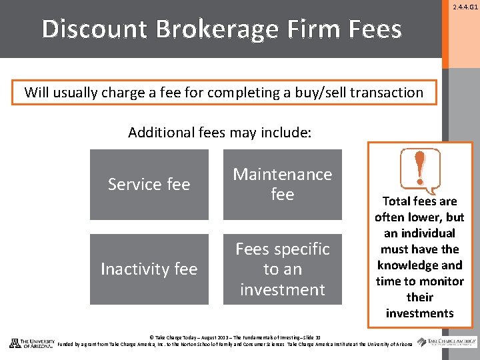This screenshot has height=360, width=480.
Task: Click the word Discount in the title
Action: pos(93,29)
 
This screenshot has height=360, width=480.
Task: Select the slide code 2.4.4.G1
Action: pos(465,7)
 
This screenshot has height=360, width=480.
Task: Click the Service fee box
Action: pos(149,185)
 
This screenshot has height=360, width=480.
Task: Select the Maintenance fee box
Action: pos(282,185)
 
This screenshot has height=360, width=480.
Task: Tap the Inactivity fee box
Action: pos(149,269)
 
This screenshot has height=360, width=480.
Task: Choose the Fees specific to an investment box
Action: pos(282,269)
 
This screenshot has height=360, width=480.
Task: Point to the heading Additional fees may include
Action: pos(219,132)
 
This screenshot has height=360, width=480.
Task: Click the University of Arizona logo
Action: pos(31,343)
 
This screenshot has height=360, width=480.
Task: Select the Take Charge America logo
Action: pos(447,342)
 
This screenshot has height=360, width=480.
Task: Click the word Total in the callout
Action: pos(397,201)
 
